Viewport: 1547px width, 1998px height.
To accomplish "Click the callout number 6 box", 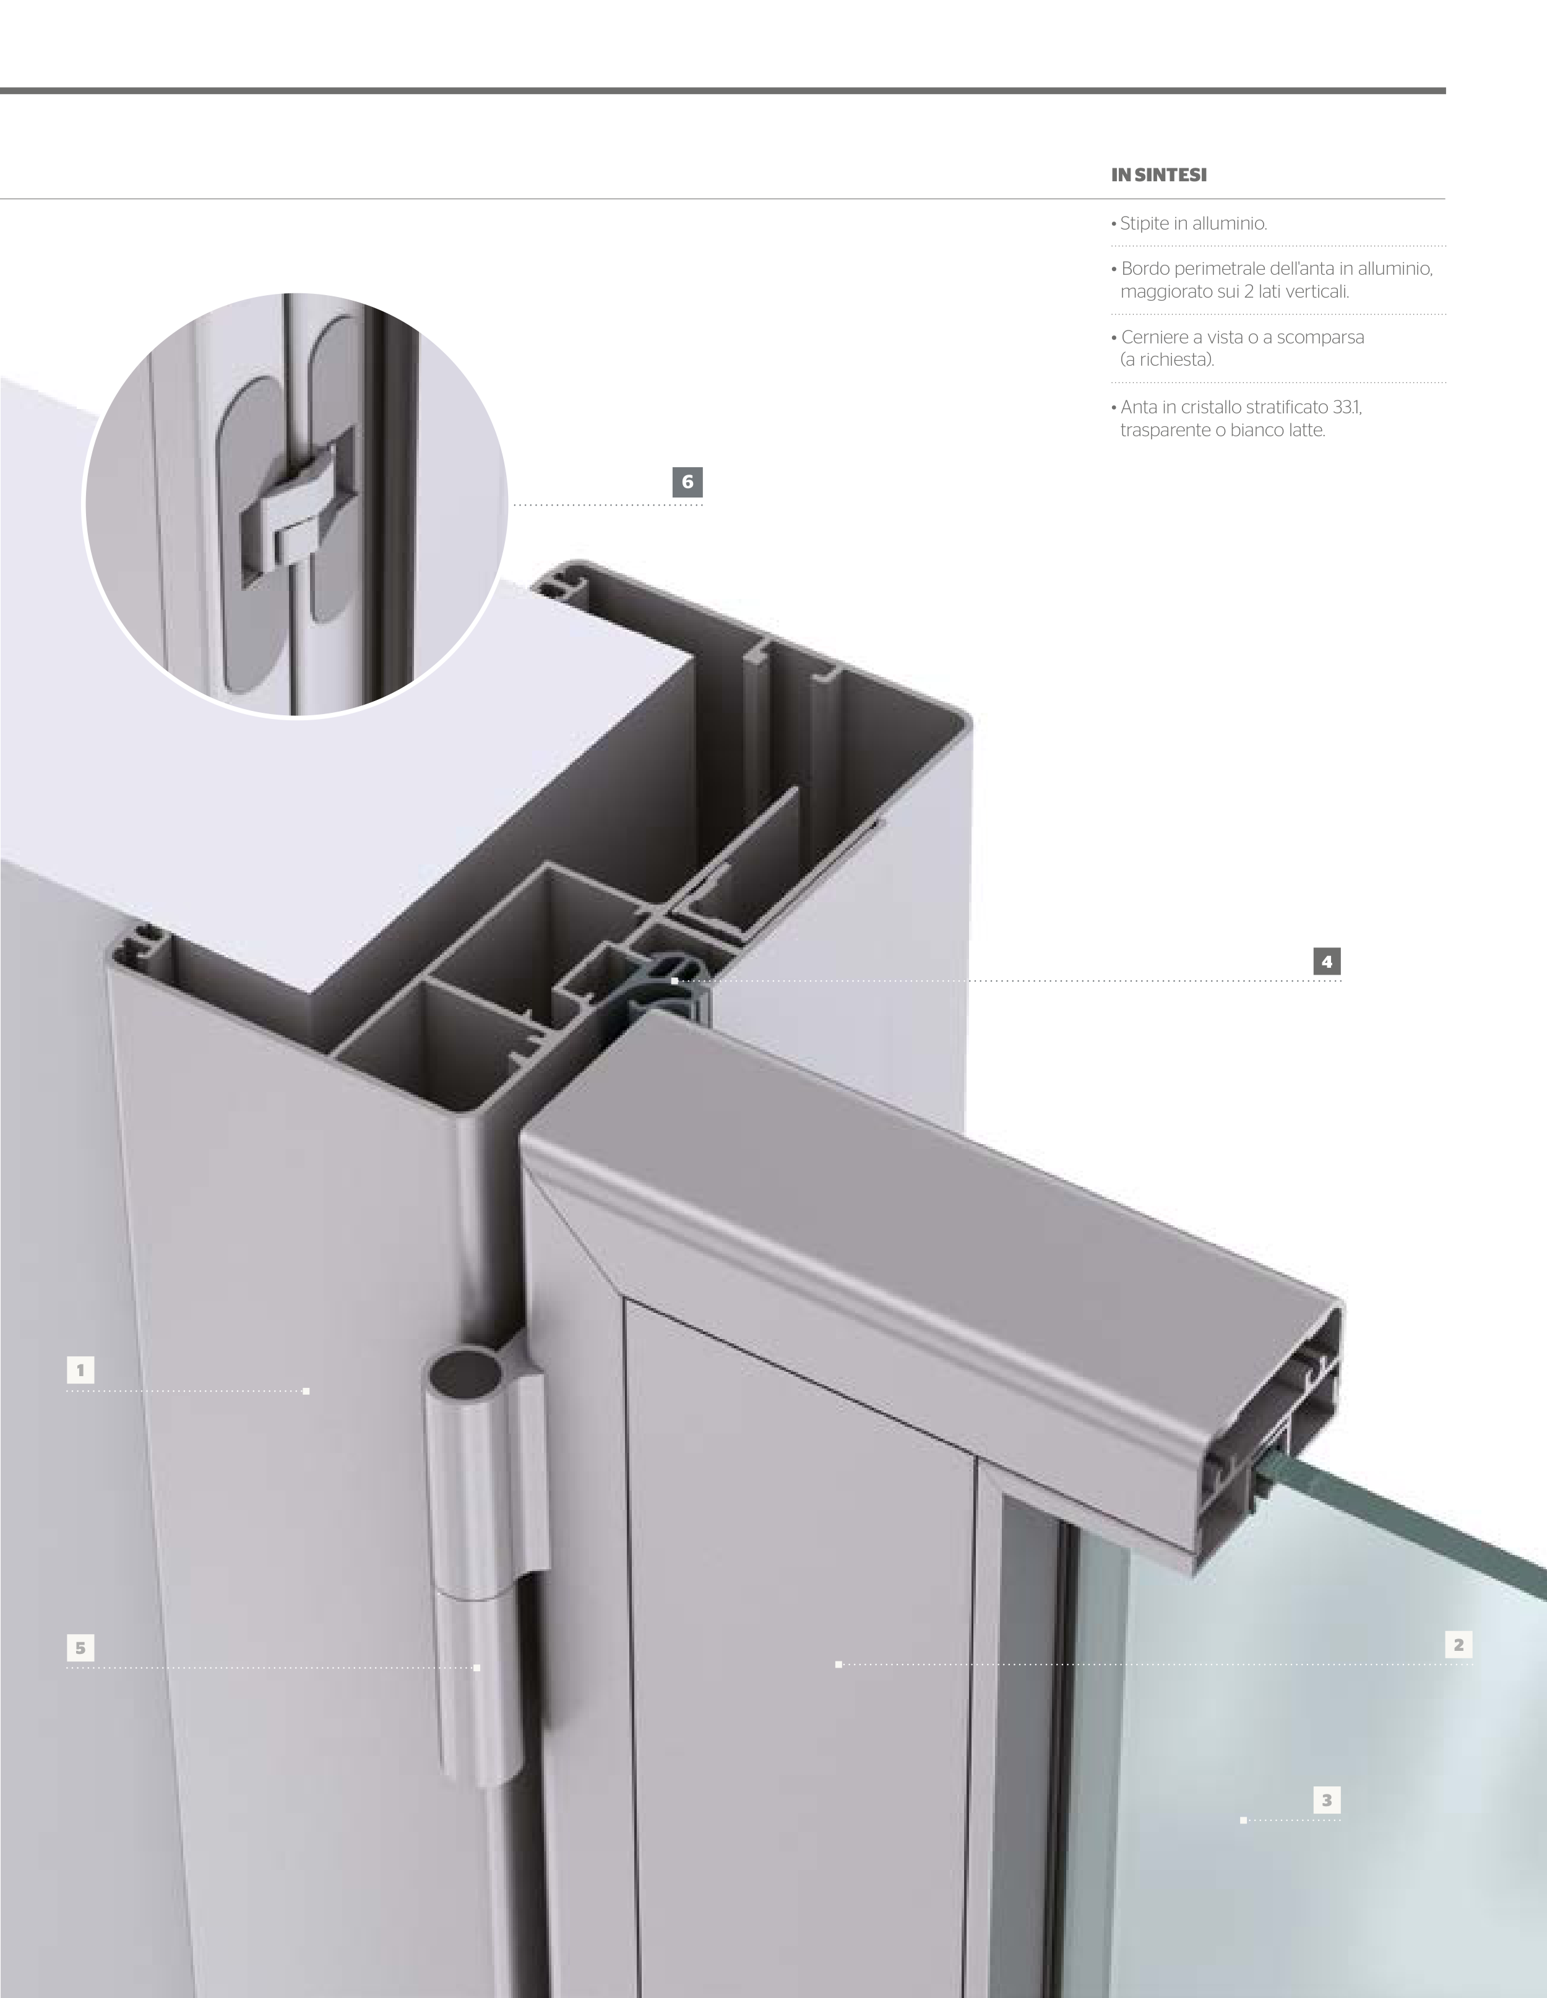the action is tap(687, 482).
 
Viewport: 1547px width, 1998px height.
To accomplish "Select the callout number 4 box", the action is tap(1327, 962).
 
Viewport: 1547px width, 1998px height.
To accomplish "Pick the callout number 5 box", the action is tap(80, 1648).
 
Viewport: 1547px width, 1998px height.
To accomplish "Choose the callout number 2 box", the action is tap(1459, 1645).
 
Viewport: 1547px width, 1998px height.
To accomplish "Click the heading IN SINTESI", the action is tap(1159, 174).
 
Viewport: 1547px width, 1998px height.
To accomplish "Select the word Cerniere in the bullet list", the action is tap(1155, 338).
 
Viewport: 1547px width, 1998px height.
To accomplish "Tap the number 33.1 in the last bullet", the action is tap(1348, 407).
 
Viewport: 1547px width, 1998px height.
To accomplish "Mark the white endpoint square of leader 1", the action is tap(306, 1392).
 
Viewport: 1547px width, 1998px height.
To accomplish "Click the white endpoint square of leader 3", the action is tap(1243, 1820).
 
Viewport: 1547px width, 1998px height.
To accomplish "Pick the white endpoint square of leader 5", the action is tap(476, 1668).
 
